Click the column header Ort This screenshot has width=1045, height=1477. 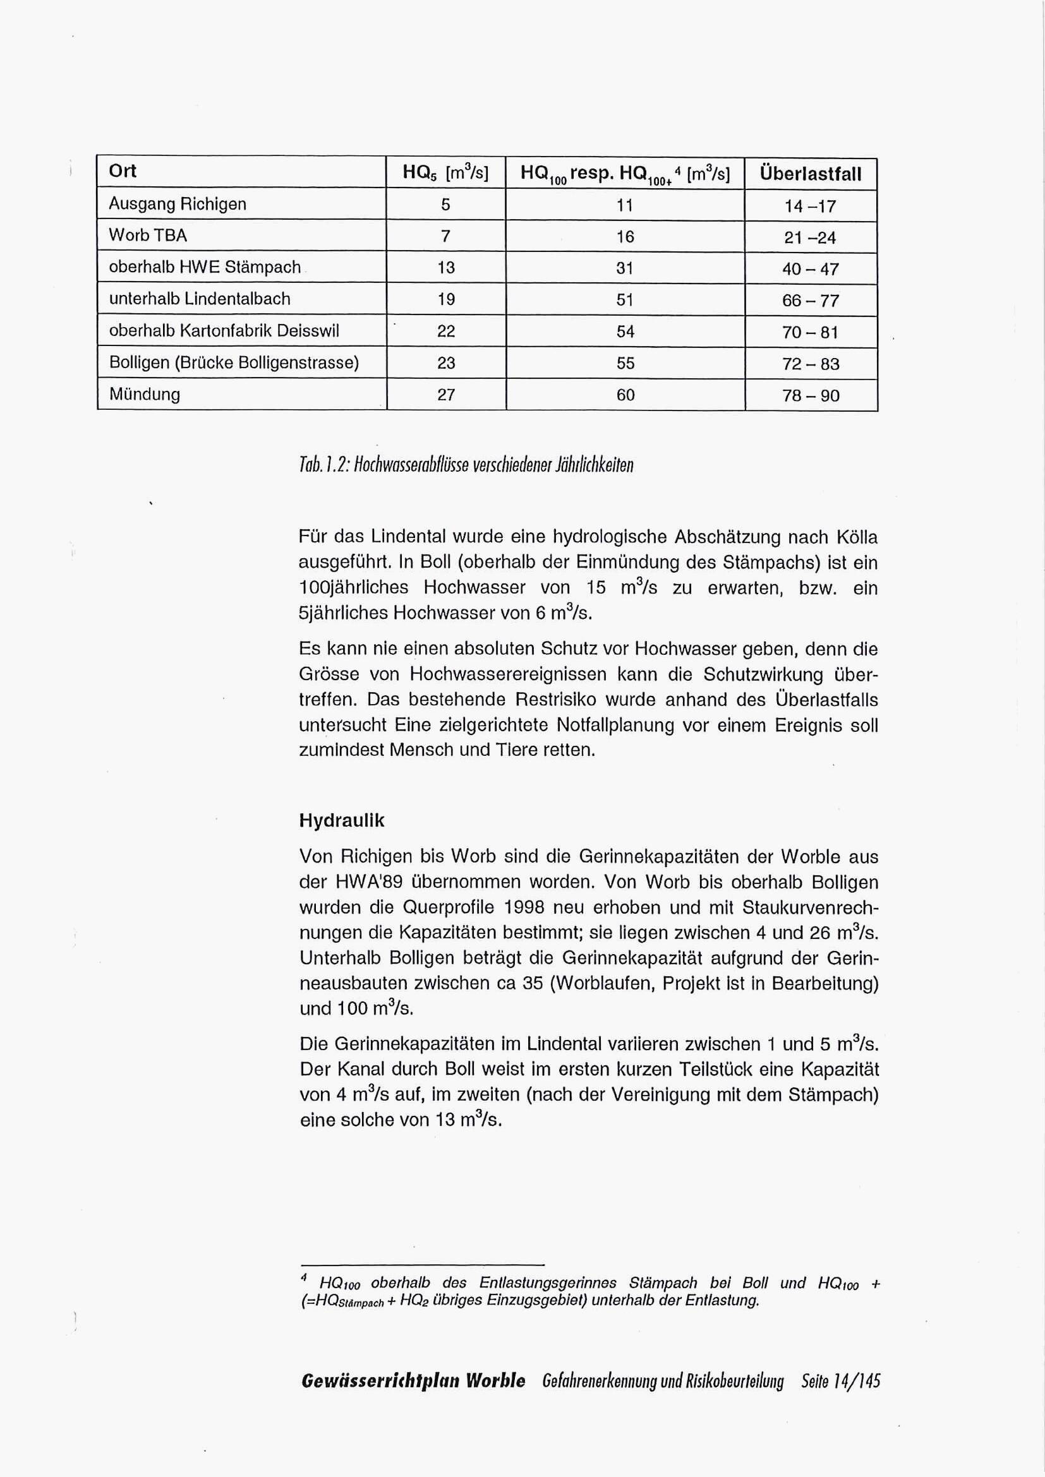(123, 171)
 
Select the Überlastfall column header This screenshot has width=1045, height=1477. (810, 174)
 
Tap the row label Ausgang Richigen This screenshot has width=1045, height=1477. (178, 204)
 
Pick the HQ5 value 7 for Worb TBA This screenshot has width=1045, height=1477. (445, 236)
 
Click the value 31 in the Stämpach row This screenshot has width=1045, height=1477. (625, 268)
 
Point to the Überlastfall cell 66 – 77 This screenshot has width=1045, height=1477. (810, 301)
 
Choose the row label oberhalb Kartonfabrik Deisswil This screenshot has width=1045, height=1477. (224, 331)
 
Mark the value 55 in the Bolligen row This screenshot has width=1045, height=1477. (625, 364)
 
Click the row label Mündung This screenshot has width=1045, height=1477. (145, 394)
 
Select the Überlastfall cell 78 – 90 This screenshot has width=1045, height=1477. (810, 396)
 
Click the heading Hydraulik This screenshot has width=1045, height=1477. (342, 821)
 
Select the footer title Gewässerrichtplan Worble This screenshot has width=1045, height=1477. (413, 1380)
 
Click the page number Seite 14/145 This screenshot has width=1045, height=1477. (840, 1380)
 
